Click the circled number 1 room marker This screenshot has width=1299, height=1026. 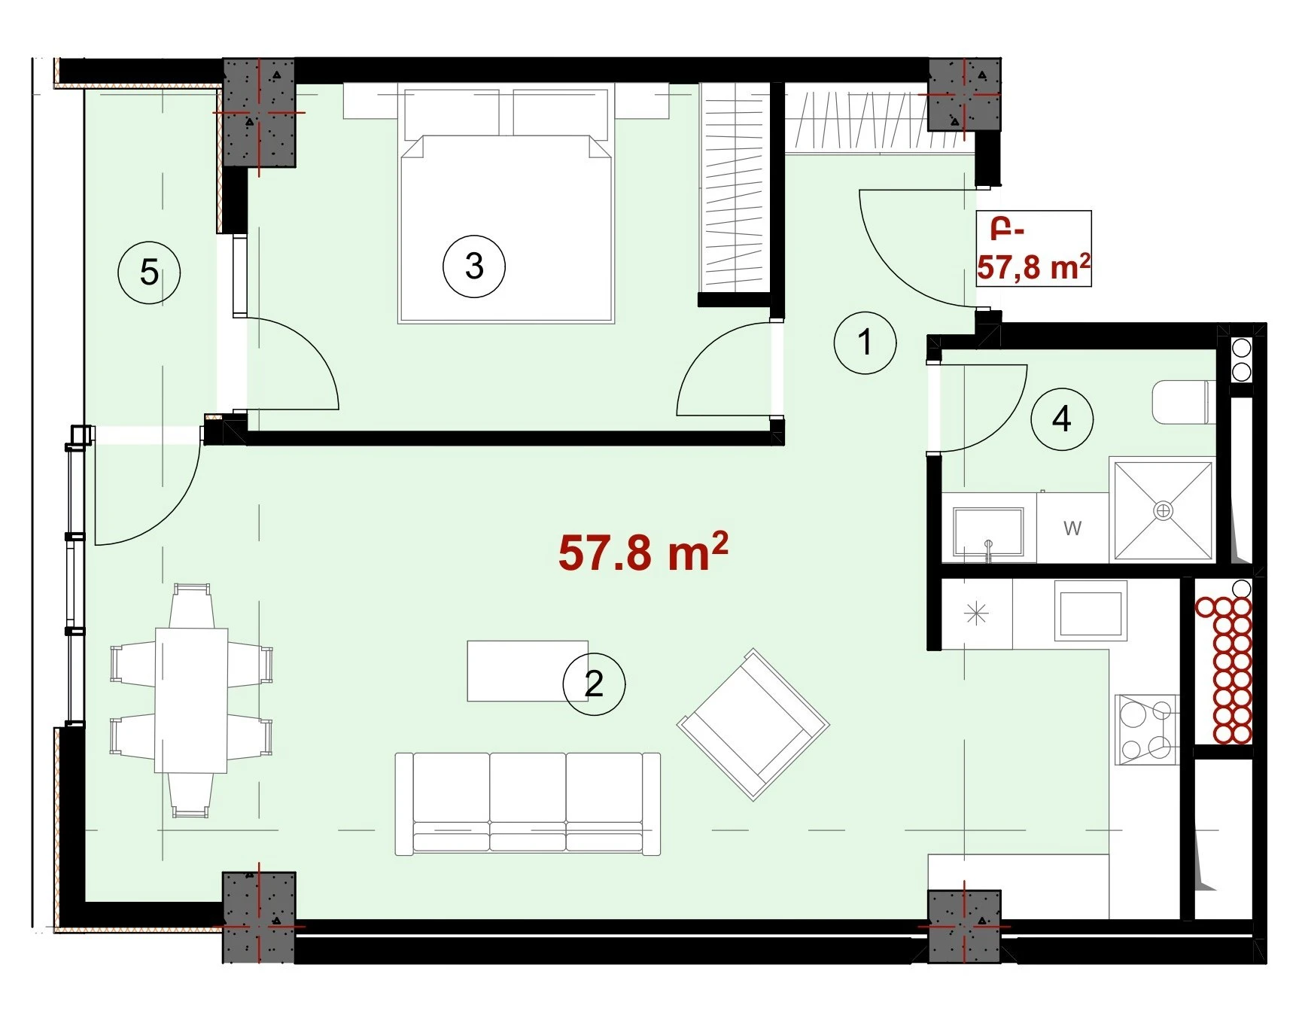tap(865, 343)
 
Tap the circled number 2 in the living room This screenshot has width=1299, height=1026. tap(594, 683)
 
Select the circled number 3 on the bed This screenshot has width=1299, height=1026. tap(473, 266)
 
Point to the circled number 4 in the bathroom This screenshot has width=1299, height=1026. tap(1061, 419)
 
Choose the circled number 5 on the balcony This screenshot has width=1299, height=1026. tap(149, 272)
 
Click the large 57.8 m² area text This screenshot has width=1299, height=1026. tap(643, 553)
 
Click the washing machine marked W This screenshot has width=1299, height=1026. tap(1072, 528)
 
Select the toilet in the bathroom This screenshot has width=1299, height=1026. tap(1180, 401)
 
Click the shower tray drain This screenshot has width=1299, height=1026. tap(1164, 510)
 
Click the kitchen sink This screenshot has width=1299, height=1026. tap(1091, 611)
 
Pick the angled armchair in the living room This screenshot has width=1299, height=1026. tap(753, 724)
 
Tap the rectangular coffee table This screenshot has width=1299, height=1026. tap(527, 671)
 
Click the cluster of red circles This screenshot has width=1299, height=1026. tap(1224, 670)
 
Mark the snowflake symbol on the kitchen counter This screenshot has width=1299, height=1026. tap(976, 615)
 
